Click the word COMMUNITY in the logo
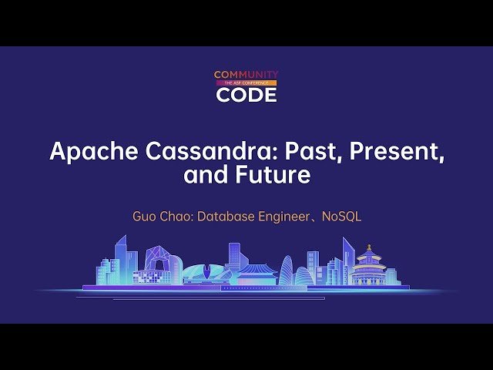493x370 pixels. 246,75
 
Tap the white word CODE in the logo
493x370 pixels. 246,94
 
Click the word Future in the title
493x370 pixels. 273,175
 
